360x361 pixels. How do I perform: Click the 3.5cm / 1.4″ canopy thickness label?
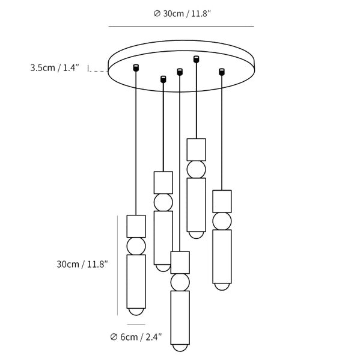[55, 67]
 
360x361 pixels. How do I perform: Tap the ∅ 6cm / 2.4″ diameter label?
[136, 337]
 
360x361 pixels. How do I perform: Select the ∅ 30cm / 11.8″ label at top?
[182, 14]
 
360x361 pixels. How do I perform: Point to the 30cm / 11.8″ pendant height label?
[82, 264]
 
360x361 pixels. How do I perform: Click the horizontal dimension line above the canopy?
[182, 26]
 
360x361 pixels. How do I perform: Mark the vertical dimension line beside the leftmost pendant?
[118, 265]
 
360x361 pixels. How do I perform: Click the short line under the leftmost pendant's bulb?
[136, 325]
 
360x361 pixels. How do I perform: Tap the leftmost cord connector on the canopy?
[136, 67]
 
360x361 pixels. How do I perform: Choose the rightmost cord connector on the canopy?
[222, 72]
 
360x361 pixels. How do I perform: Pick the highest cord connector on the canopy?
[196, 59]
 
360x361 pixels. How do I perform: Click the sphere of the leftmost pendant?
[136, 246]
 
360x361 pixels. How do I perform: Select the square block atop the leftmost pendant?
[136, 226]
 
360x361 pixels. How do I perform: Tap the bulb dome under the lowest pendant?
[180, 348]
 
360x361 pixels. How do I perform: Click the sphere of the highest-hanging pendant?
[196, 170]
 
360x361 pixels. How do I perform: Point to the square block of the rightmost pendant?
[222, 201]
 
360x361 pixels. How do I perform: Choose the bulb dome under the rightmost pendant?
[222, 286]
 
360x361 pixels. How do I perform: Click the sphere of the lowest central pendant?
[180, 282]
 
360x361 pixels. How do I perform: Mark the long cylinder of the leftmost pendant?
[136, 282]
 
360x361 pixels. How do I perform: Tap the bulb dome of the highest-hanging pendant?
[196, 235]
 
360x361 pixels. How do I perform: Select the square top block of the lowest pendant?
[180, 262]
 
